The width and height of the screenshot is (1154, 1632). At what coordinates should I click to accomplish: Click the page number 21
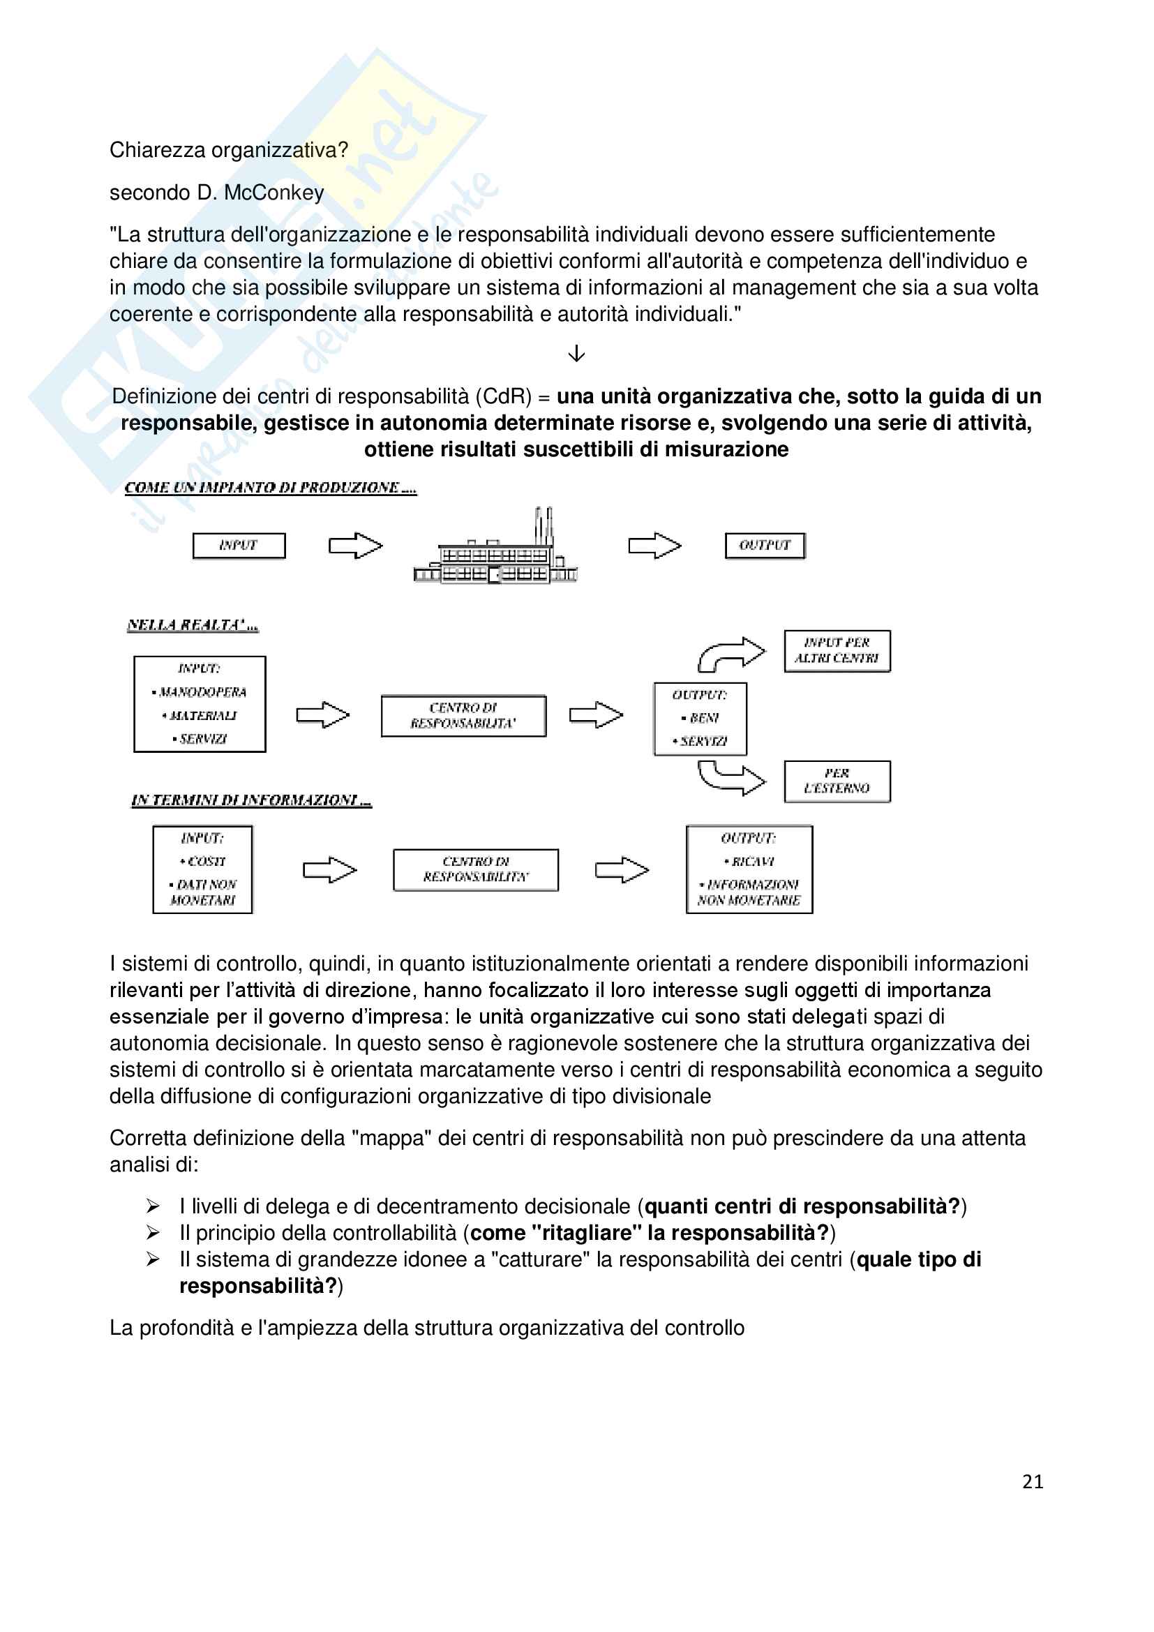[1032, 1481]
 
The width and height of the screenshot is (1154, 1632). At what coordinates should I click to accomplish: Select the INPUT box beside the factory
[239, 546]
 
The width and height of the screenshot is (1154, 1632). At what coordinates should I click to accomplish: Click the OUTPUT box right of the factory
[765, 546]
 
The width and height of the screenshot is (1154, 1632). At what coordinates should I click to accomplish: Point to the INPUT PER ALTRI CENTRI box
[837, 650]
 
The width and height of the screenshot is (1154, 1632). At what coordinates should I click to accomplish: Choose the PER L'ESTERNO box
[837, 781]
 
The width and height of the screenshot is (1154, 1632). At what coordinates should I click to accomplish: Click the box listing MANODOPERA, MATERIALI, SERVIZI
[200, 704]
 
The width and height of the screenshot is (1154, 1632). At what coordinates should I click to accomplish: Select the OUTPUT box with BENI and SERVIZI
[700, 718]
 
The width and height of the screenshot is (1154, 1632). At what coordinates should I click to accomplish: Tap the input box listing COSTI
[202, 869]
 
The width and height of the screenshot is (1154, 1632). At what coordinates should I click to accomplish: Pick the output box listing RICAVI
[749, 869]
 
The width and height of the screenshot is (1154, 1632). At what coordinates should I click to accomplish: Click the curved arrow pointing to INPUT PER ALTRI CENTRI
[731, 653]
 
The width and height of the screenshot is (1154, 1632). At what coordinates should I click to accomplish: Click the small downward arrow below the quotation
[576, 353]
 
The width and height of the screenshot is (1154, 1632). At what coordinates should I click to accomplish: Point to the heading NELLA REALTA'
[192, 625]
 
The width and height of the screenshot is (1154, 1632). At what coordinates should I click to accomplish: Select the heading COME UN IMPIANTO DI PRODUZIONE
[270, 488]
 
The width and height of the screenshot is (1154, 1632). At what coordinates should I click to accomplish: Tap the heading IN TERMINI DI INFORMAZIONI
[251, 800]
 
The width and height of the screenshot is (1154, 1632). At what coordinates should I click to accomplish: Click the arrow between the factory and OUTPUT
[654, 546]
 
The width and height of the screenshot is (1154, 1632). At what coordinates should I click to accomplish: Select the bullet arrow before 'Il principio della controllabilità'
[153, 1232]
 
